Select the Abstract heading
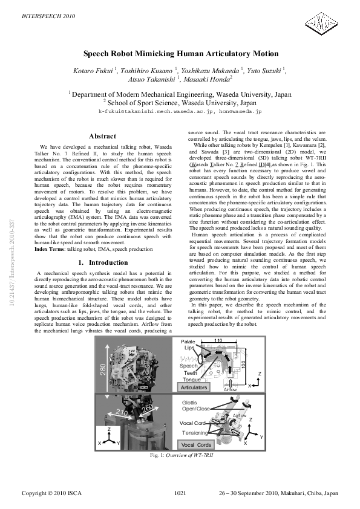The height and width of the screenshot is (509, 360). coord(102,137)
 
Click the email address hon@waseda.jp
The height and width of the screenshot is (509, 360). coord(240,112)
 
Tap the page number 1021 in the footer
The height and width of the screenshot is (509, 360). coord(180,494)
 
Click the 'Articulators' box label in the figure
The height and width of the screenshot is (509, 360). coord(194,387)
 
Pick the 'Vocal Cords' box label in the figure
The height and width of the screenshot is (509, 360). coord(196,444)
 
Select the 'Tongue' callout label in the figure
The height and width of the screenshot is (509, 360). coord(191,380)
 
